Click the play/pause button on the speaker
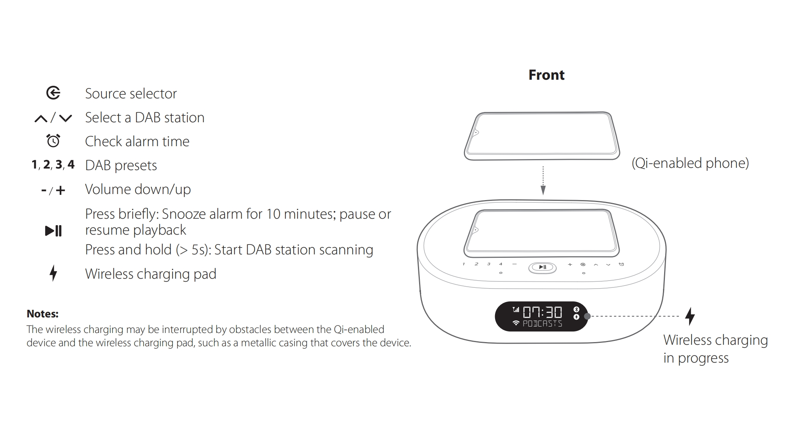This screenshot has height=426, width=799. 543,268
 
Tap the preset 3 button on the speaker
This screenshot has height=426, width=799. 489,264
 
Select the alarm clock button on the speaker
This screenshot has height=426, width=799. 621,264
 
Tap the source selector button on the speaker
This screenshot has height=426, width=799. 583,264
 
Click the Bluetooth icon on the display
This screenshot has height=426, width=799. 576,309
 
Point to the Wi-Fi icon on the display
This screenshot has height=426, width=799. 516,323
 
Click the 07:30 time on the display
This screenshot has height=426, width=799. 543,312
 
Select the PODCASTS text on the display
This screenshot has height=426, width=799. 543,323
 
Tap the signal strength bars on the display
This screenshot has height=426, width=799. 516,309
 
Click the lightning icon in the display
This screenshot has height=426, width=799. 576,317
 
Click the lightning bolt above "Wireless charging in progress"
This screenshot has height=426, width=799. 690,316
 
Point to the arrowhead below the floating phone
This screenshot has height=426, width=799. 543,191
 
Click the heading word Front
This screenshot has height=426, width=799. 546,75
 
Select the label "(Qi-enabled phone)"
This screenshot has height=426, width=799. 690,163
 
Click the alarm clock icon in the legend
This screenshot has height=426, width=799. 53,140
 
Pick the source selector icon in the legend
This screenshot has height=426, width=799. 53,93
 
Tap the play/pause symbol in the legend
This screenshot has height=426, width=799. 53,230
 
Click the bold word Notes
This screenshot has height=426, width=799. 42,314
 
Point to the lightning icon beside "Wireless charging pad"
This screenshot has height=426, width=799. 53,273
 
